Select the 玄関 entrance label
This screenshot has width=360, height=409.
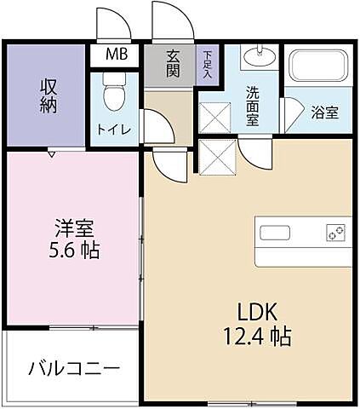(x=173, y=64)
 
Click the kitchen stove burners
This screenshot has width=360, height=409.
(x=334, y=233)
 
